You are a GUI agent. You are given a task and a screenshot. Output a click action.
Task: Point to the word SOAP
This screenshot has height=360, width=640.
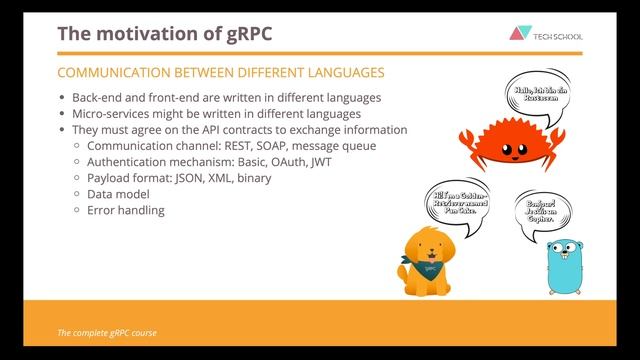click(x=291, y=146)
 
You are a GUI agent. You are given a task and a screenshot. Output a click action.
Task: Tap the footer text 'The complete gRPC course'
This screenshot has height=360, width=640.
click(x=106, y=332)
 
